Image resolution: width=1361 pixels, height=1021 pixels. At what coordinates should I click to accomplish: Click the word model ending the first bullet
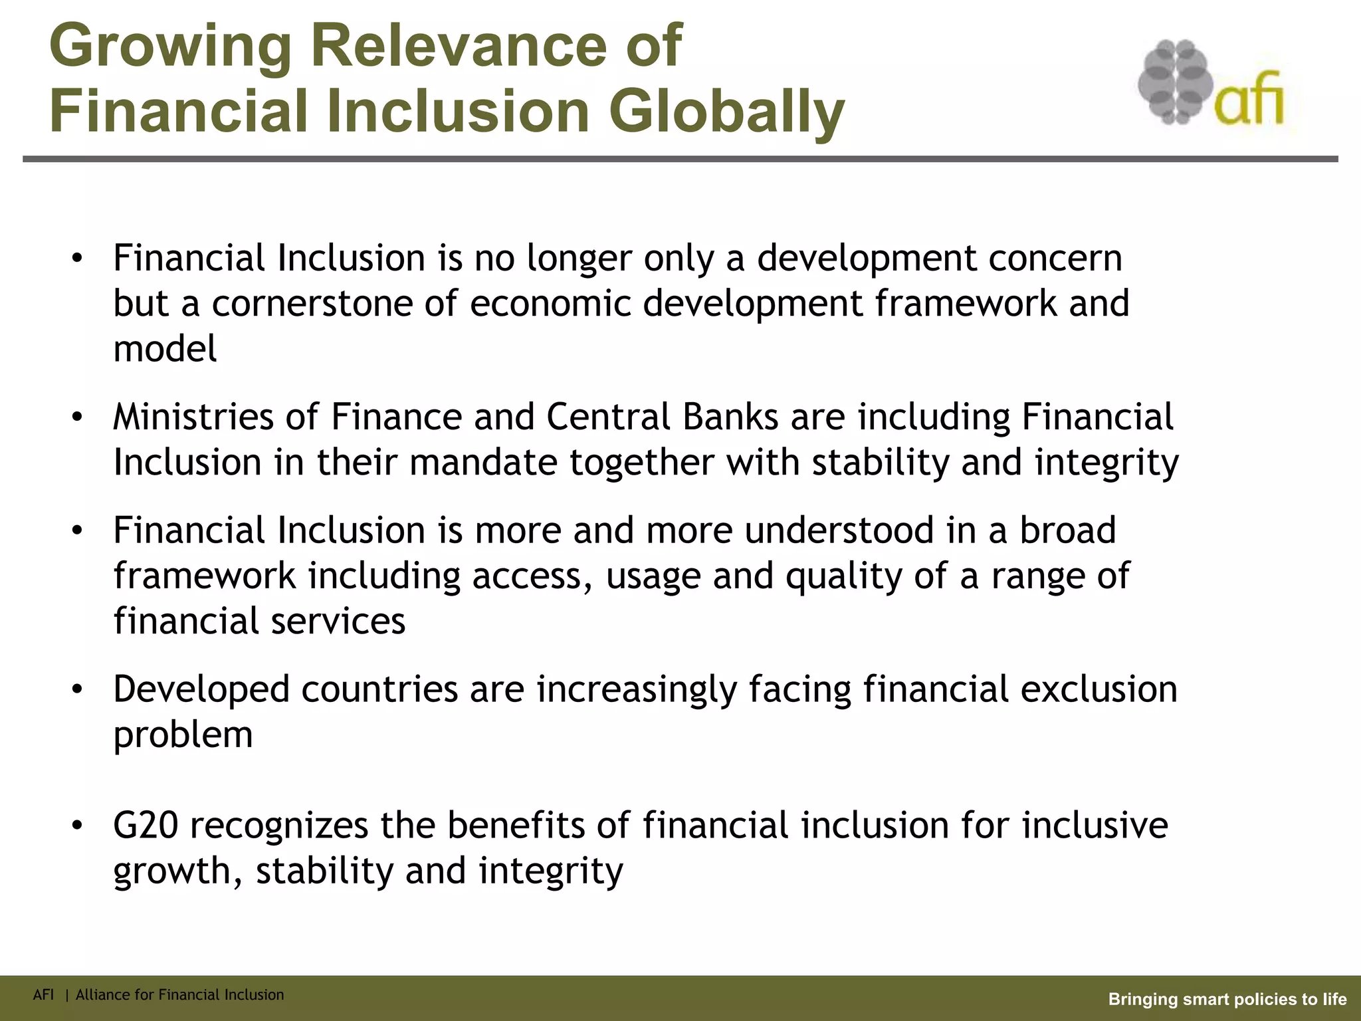(165, 349)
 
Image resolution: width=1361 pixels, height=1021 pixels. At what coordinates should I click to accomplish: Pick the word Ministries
(193, 417)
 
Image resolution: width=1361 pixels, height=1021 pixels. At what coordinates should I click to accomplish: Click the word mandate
(483, 463)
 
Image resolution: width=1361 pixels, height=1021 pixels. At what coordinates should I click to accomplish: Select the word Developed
(201, 690)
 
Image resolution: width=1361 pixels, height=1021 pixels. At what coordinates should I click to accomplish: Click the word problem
(183, 735)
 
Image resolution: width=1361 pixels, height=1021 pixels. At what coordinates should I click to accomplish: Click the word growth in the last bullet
(171, 871)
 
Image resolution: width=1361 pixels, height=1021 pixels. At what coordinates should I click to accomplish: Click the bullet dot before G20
(78, 826)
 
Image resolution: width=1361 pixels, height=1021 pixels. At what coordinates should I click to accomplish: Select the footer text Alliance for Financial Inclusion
(179, 995)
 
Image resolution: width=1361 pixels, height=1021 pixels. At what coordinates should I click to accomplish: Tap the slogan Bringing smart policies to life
(1227, 999)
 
